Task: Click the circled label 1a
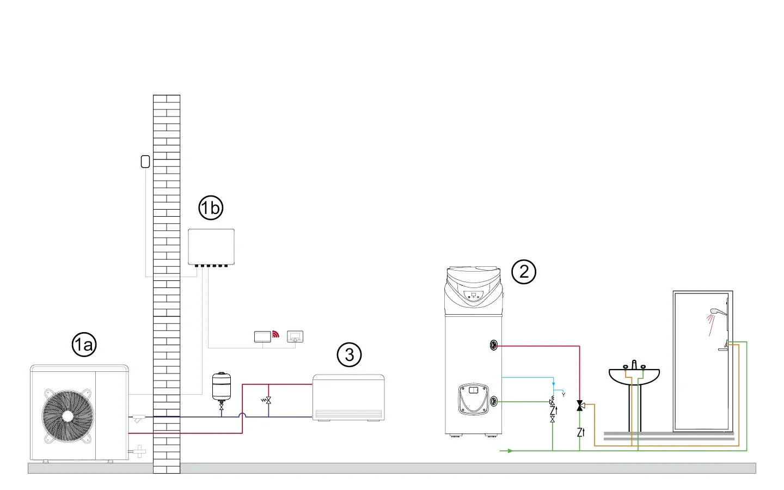(x=84, y=345)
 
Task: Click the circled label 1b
(x=211, y=208)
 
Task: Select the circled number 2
(x=524, y=271)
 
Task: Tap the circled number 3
(x=349, y=355)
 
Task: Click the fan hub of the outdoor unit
(x=67, y=415)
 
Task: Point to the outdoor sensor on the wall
(x=145, y=161)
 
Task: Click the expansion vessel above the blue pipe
(x=221, y=385)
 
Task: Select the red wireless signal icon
(x=275, y=335)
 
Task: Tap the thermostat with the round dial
(x=295, y=336)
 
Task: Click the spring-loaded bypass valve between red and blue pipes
(x=267, y=400)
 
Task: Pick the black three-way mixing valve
(x=580, y=406)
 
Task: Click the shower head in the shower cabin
(x=714, y=311)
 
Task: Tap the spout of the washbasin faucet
(x=634, y=364)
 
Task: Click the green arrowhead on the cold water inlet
(x=510, y=451)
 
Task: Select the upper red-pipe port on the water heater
(x=494, y=345)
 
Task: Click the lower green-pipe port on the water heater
(x=494, y=402)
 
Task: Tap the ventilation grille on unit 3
(x=349, y=414)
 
